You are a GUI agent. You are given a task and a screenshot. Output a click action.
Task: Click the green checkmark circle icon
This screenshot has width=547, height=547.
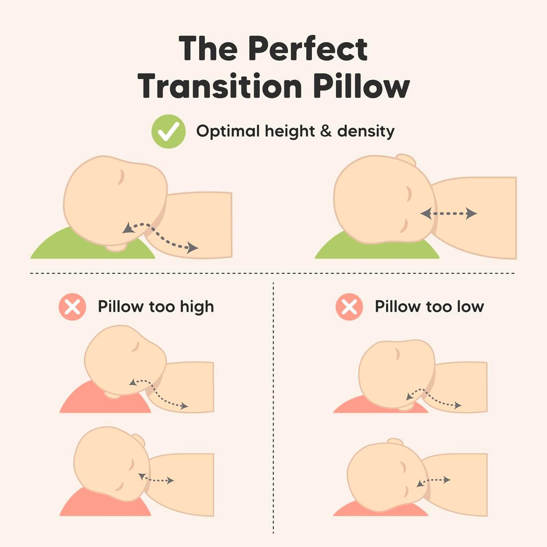[x=168, y=131]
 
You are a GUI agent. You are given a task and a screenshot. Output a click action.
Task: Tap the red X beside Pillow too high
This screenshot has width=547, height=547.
[x=72, y=307]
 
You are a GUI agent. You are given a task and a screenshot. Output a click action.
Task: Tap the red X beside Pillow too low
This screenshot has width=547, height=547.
[x=349, y=307]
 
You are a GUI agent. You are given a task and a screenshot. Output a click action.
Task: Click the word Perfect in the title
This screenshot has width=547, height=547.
[x=307, y=49]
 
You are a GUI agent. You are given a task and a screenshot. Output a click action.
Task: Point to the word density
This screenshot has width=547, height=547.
[x=366, y=131]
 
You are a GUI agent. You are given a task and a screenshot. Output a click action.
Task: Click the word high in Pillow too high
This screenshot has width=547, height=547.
[x=197, y=307]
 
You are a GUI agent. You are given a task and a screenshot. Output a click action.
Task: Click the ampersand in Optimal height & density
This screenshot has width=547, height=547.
[x=326, y=131]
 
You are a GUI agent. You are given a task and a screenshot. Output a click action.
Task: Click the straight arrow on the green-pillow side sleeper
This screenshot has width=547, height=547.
[x=449, y=214]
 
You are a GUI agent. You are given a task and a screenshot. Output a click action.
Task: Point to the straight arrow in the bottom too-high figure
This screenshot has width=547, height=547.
[x=156, y=479]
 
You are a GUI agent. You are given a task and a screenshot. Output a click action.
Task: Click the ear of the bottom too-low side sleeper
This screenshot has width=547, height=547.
[x=395, y=442]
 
